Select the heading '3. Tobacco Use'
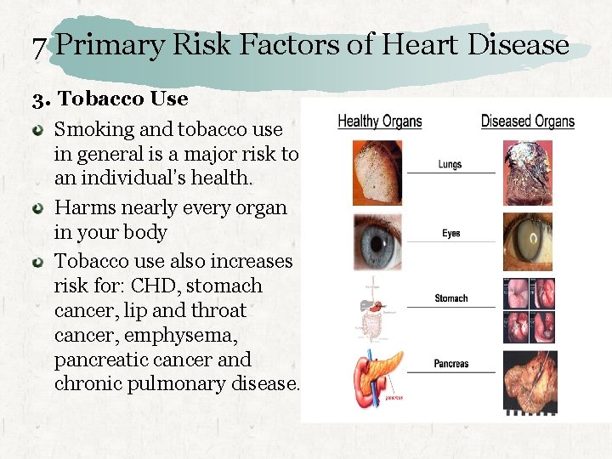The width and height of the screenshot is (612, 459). coord(110,99)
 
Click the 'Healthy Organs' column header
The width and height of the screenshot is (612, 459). coord(380,121)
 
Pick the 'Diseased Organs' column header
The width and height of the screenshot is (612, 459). coord(527,121)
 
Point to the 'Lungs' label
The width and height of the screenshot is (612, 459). coord(450,164)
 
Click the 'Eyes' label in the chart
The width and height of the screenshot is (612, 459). coord(450,233)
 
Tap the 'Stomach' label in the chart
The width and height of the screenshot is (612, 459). coord(450,298)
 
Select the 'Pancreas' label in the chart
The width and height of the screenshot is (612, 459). coord(450,364)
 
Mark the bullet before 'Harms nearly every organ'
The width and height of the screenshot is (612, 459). coord(39,208)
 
